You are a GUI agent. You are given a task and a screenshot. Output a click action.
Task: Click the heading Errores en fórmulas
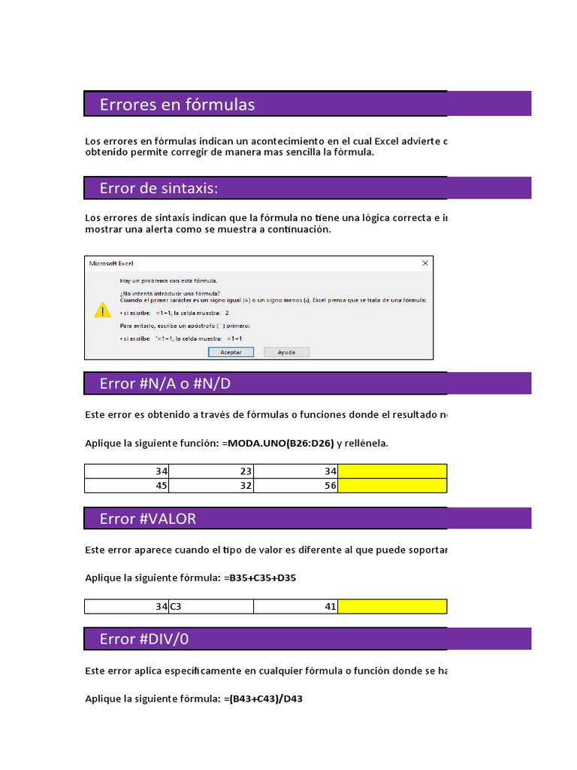[x=177, y=105]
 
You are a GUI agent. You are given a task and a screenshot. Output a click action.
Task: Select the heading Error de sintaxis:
[x=159, y=188]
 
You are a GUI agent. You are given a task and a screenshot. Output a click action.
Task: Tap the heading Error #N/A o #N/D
[x=165, y=384]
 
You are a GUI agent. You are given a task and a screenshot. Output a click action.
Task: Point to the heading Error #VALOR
[x=148, y=519]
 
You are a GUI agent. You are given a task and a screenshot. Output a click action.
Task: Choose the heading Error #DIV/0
[x=144, y=639]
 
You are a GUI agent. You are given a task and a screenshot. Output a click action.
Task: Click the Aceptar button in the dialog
[x=231, y=352]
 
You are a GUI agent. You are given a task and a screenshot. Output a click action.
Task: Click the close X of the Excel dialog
[x=425, y=263]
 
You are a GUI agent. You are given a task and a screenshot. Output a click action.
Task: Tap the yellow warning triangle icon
[x=102, y=310]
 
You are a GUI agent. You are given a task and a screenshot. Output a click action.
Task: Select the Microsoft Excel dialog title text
[x=111, y=263]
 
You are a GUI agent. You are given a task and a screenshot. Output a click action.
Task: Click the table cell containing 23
[x=212, y=471]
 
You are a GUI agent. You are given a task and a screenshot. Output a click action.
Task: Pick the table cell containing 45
[x=128, y=486]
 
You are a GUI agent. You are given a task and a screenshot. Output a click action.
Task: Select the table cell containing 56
[x=296, y=486]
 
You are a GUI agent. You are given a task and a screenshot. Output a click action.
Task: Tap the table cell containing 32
[x=212, y=486]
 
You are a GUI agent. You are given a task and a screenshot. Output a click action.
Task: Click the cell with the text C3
[x=212, y=606]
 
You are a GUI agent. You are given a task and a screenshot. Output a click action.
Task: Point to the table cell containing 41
[x=296, y=606]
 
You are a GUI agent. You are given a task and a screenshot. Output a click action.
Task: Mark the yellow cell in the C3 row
[x=392, y=606]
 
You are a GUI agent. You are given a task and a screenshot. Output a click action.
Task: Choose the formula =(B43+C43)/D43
[x=263, y=699]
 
